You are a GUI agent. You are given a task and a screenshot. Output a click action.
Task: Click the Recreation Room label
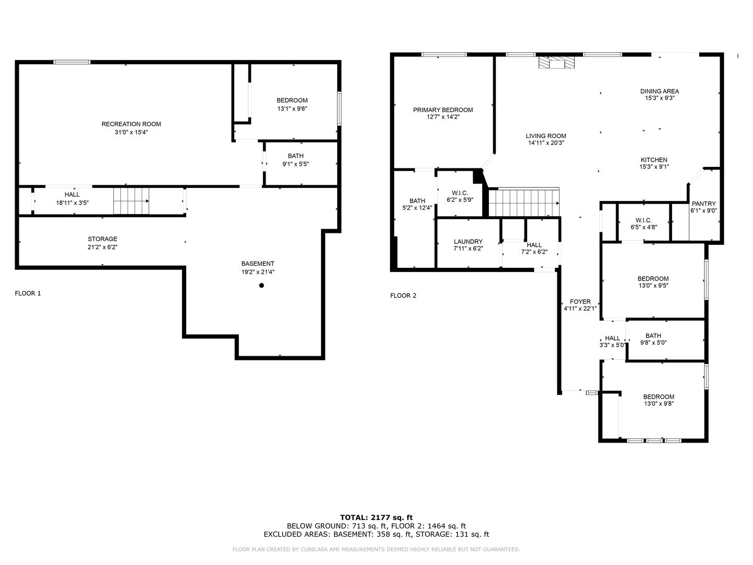click(x=131, y=124)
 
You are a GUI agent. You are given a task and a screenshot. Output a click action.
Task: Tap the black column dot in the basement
click(x=261, y=286)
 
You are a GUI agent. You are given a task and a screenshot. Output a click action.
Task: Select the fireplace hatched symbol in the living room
click(x=556, y=62)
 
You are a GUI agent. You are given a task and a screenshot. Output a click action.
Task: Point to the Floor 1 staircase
click(x=131, y=201)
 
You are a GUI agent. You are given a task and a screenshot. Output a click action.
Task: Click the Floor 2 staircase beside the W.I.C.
click(x=524, y=202)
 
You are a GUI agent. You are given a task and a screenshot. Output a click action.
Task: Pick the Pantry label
click(x=704, y=204)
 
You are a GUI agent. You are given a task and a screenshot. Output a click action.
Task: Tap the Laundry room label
click(x=468, y=242)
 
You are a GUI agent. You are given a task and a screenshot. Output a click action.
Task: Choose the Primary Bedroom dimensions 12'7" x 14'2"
click(x=443, y=117)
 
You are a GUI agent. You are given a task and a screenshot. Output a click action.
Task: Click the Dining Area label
click(x=659, y=91)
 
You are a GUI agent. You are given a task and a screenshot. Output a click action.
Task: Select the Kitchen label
click(x=654, y=160)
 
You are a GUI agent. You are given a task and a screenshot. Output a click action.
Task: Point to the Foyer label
click(x=580, y=301)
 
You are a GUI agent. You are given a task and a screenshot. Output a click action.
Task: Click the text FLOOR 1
click(x=28, y=293)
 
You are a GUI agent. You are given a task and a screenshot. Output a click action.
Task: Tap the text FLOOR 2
click(x=403, y=296)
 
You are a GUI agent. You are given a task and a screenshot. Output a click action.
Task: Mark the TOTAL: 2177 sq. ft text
click(x=376, y=517)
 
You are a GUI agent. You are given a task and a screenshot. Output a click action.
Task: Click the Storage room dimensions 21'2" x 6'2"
click(x=102, y=247)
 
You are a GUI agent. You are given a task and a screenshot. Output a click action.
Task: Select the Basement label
click(x=258, y=264)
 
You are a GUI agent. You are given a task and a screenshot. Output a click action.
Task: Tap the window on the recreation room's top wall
click(x=72, y=62)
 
